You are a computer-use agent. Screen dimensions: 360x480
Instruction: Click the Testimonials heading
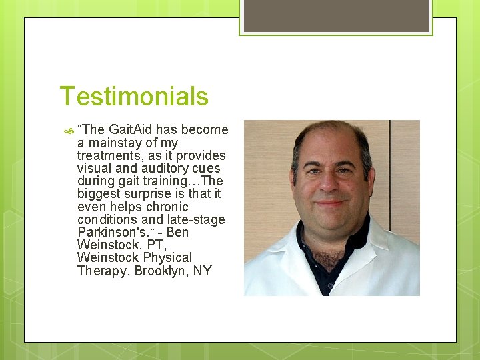click(x=134, y=97)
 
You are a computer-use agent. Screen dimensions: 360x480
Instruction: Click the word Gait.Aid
click(x=131, y=130)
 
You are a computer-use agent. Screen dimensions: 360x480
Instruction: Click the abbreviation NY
click(x=203, y=271)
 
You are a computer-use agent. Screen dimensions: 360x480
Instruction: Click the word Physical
click(x=167, y=257)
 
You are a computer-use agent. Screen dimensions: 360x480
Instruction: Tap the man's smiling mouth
click(x=331, y=203)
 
